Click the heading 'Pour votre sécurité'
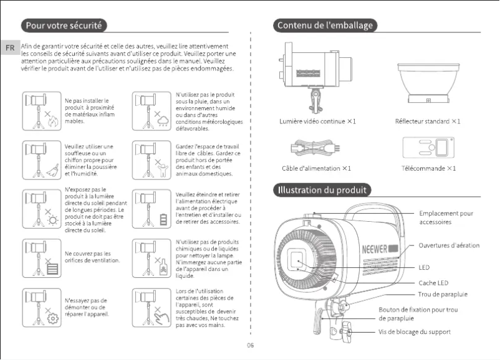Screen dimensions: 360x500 [63, 26]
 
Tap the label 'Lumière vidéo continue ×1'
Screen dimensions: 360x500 [317, 121]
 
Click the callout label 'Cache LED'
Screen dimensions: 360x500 [433, 283]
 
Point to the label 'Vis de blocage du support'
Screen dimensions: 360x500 [414, 332]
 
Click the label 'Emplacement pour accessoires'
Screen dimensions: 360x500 [445, 217]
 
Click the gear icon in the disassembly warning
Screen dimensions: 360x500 [53, 319]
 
